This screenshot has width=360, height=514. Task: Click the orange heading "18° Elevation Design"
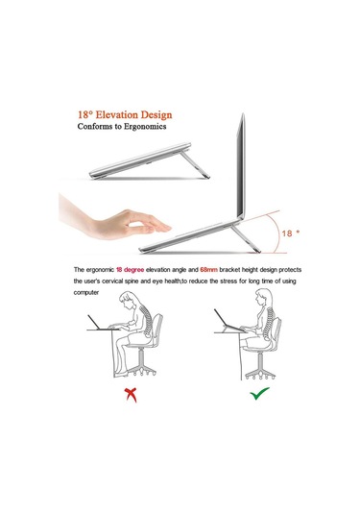tap(125, 114)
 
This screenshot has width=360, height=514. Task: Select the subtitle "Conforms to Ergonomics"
tap(122, 127)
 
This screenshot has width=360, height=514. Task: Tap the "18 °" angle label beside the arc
tap(291, 233)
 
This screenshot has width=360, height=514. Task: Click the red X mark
tap(131, 395)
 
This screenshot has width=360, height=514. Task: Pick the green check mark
tap(259, 393)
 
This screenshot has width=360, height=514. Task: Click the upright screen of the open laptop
tap(241, 166)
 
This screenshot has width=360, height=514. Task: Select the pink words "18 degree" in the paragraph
tap(130, 270)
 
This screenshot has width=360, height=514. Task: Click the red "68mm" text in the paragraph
tap(208, 270)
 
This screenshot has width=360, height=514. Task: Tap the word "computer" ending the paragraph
tap(86, 292)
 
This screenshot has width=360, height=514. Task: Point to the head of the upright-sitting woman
tap(263, 297)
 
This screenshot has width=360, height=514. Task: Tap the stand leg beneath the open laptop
tap(246, 238)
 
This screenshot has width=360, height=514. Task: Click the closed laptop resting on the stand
tap(140, 159)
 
